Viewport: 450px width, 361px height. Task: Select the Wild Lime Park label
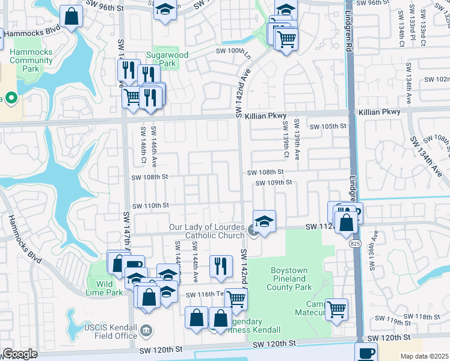(105, 288)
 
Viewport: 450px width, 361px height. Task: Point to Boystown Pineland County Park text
(289, 279)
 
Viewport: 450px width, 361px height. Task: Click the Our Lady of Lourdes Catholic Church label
(205, 232)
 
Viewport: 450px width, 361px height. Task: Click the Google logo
(19, 354)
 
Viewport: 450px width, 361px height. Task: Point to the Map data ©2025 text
(424, 356)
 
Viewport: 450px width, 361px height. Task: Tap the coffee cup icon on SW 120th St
(366, 352)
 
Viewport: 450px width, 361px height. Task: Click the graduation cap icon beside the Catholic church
(264, 221)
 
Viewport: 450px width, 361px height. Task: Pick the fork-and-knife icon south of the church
(221, 266)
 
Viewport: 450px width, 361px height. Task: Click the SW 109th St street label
(273, 182)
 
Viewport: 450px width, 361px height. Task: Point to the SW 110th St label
(150, 205)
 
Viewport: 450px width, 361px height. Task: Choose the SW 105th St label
(328, 126)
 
